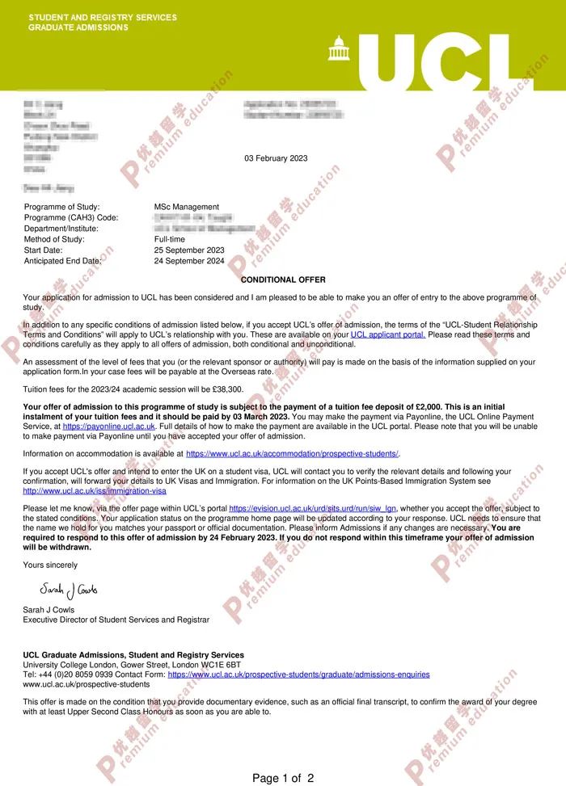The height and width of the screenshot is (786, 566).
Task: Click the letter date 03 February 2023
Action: pos(276,158)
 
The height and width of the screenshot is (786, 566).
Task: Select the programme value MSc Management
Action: pos(186,207)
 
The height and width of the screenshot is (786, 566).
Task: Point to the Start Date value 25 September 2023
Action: pos(189,250)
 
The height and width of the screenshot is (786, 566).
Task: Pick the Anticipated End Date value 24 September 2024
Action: pos(189,261)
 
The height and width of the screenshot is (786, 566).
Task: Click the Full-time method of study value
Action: pos(169,239)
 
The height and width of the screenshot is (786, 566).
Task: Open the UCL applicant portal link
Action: pos(388,334)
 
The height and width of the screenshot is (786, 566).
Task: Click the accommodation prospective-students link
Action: pos(293,454)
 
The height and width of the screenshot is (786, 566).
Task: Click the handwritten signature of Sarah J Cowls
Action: pos(68,590)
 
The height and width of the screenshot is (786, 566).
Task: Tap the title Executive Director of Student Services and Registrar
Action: pos(116,620)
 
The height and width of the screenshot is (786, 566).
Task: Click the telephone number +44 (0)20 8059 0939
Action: pos(70,674)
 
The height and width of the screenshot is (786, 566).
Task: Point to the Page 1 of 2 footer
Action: pos(283,778)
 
